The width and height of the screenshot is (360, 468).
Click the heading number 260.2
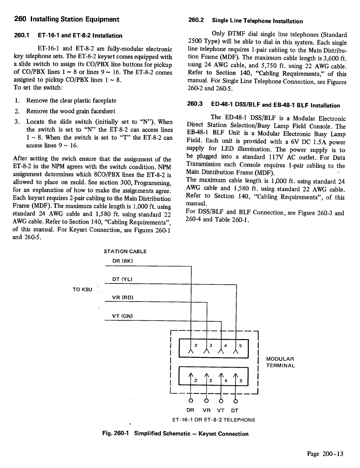point(196,20)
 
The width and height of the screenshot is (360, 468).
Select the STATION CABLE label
point(125,252)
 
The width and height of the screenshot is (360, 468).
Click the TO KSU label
point(82,289)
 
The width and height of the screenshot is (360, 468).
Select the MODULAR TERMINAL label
point(280,362)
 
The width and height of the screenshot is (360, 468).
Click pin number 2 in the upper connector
point(196,345)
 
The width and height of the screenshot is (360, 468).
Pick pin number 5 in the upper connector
point(241,346)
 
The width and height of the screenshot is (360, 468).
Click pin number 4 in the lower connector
point(226,381)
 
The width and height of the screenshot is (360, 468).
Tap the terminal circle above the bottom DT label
point(235,401)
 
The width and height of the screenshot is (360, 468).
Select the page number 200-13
point(333,454)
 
